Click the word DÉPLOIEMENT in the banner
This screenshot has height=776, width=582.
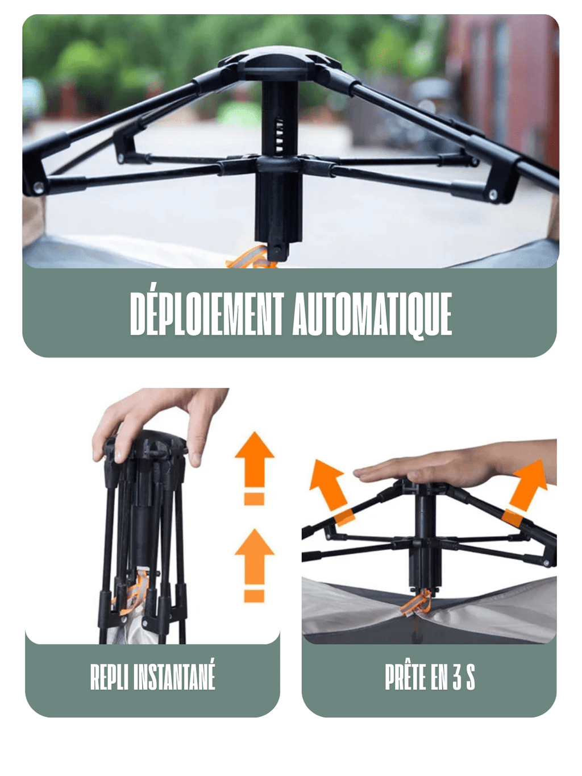(x=207, y=314)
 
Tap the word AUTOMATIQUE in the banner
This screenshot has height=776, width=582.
(x=372, y=314)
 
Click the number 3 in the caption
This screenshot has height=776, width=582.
(x=457, y=677)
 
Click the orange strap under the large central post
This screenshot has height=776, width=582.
(x=253, y=259)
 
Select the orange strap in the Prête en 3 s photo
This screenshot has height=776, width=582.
(x=416, y=603)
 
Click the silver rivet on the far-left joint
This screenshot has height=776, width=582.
(x=38, y=187)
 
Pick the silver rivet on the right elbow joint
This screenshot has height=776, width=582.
(x=493, y=195)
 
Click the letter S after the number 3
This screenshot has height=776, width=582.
(x=470, y=677)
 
